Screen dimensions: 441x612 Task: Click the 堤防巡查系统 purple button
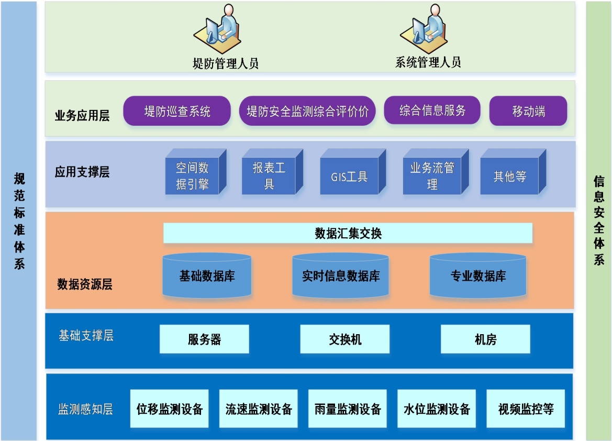pos(177,111)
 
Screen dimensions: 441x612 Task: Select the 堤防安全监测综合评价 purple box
pos(307,111)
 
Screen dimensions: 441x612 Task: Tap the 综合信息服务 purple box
pos(432,111)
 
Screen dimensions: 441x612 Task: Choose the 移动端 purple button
pos(528,111)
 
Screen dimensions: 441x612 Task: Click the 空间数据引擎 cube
pos(192,176)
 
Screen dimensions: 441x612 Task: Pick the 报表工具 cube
pos(269,176)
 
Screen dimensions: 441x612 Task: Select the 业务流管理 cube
pos(432,176)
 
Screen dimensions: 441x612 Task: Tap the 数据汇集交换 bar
pos(348,233)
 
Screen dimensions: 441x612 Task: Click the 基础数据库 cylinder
pos(207,276)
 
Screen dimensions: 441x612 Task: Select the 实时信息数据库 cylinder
pos(340,276)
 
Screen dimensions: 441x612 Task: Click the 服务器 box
pos(204,339)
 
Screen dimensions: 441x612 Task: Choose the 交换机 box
pos(344,339)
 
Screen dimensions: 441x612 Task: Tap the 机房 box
pos(485,339)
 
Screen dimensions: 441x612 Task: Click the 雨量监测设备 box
pos(348,409)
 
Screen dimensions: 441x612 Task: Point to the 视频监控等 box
pos(526,409)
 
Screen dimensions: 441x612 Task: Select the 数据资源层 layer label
pos(84,284)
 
